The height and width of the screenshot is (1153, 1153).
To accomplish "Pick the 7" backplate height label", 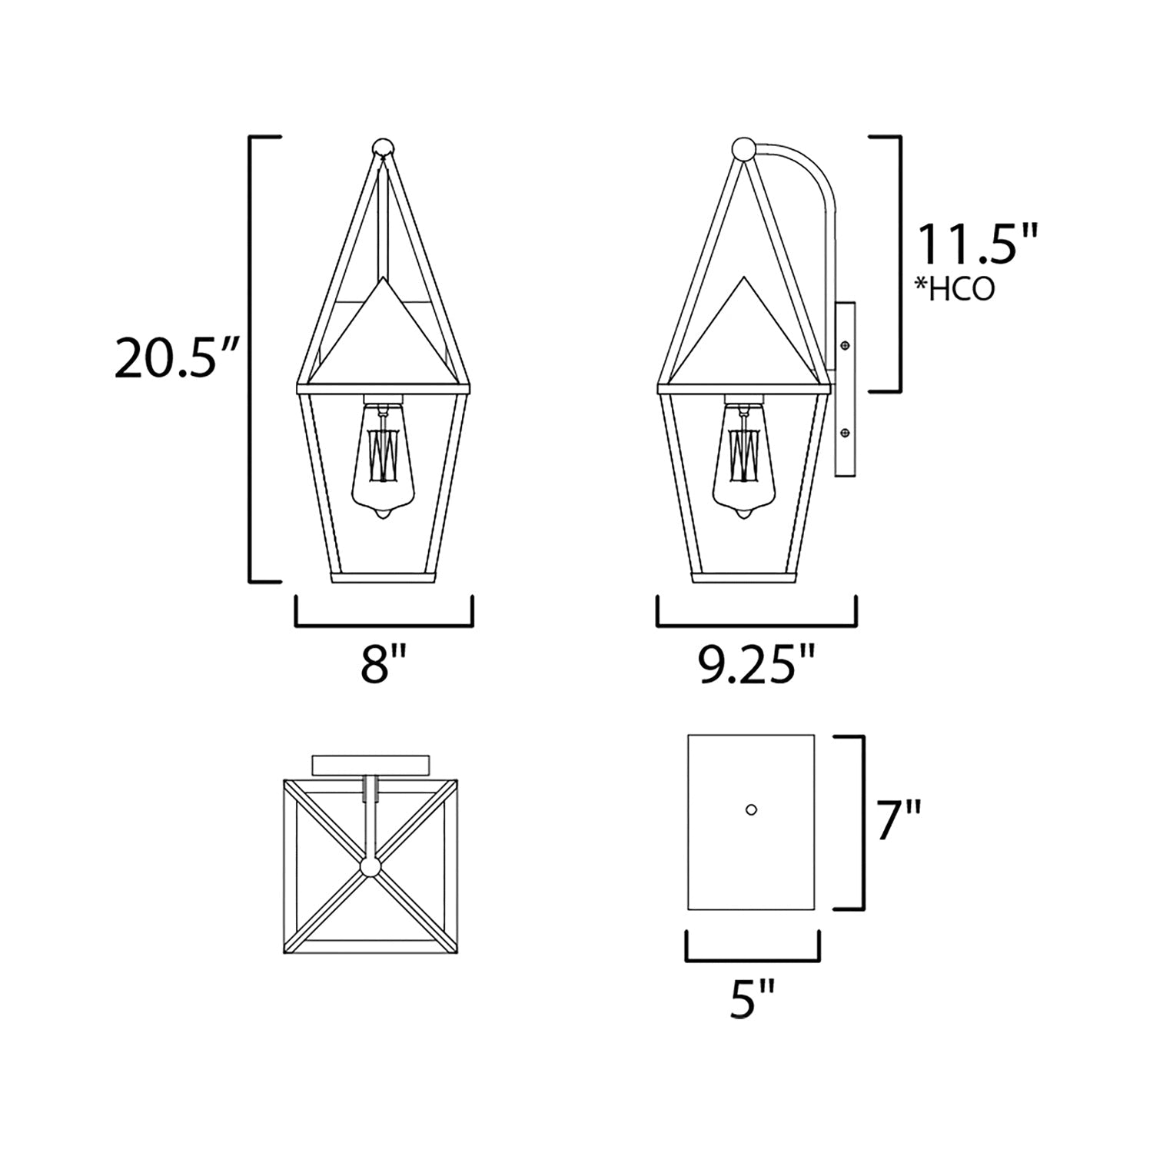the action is tap(899, 821).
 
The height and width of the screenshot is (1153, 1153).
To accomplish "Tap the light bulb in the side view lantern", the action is tap(744, 460).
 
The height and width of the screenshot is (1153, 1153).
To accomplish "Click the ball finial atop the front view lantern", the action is tap(383, 148).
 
